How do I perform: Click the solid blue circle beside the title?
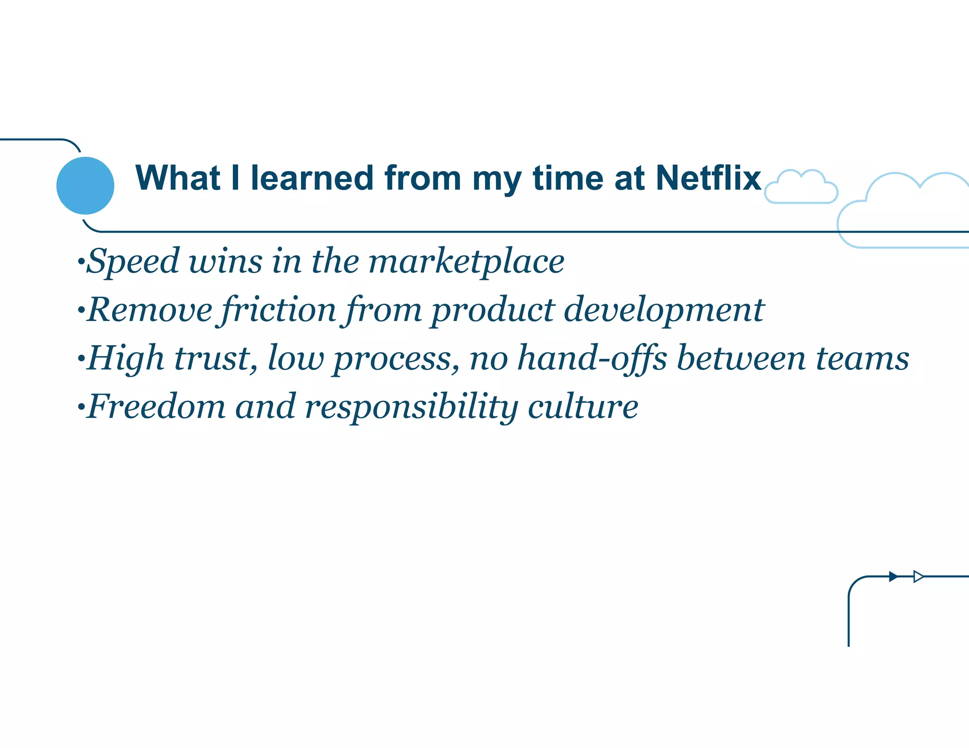(85, 185)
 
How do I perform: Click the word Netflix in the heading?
(708, 178)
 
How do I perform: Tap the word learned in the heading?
(312, 178)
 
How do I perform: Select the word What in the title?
(177, 178)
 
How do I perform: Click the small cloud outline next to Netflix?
(801, 188)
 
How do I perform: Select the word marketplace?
(466, 261)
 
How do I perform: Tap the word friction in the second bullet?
(279, 310)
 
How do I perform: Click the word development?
(664, 310)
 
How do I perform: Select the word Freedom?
(157, 407)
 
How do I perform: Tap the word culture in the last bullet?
(583, 407)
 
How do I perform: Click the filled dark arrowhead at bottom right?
(893, 576)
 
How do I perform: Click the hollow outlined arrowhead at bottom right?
(918, 576)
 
